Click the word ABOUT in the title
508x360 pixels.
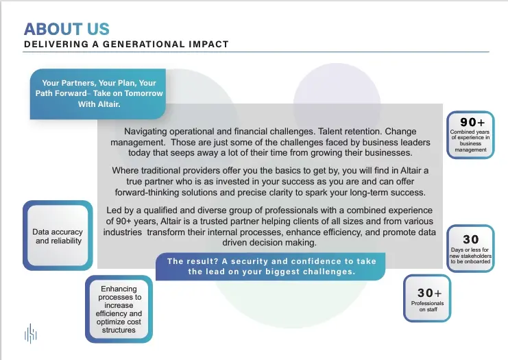(x=53, y=29)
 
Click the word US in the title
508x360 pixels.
(x=98, y=29)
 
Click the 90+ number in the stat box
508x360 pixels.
(x=472, y=122)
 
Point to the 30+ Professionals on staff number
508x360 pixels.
(x=429, y=293)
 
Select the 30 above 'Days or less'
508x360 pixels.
(x=471, y=239)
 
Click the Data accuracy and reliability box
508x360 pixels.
(x=58, y=236)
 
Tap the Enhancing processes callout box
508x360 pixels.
(x=119, y=309)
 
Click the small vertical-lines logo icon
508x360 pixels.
(x=31, y=333)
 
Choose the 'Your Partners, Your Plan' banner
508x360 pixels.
(x=98, y=94)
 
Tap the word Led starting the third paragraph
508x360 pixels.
(x=114, y=211)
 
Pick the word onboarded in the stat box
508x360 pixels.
(x=478, y=261)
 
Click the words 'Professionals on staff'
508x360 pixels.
(x=428, y=307)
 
